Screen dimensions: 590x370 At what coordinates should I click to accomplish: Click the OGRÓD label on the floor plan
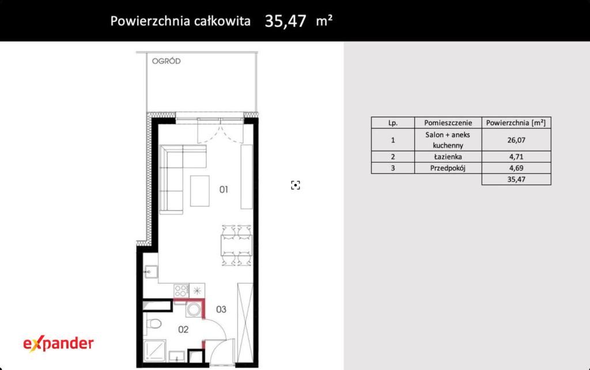167,61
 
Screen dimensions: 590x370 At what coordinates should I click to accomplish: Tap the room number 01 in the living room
224,190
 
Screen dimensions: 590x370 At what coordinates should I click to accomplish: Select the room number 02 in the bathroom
183,329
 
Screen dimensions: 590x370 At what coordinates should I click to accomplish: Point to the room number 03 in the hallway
221,309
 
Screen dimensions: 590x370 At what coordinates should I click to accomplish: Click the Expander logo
58,343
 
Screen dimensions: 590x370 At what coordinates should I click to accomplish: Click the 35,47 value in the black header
286,21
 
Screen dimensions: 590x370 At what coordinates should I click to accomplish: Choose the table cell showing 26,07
516,140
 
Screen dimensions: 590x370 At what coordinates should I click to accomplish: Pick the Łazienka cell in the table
448,157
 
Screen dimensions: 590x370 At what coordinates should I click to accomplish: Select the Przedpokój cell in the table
448,168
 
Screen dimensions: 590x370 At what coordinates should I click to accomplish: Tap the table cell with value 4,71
516,157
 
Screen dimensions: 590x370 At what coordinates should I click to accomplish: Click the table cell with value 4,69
516,168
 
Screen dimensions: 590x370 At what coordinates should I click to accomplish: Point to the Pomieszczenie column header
448,123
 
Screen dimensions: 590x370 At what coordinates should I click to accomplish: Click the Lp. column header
393,123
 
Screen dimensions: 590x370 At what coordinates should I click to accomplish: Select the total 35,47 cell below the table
516,179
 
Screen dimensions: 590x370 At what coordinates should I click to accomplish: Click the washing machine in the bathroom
194,309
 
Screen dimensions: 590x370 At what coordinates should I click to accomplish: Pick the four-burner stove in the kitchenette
181,290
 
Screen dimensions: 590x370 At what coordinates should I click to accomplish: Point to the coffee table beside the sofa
200,191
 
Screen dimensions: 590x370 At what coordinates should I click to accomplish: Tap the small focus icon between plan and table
296,185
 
